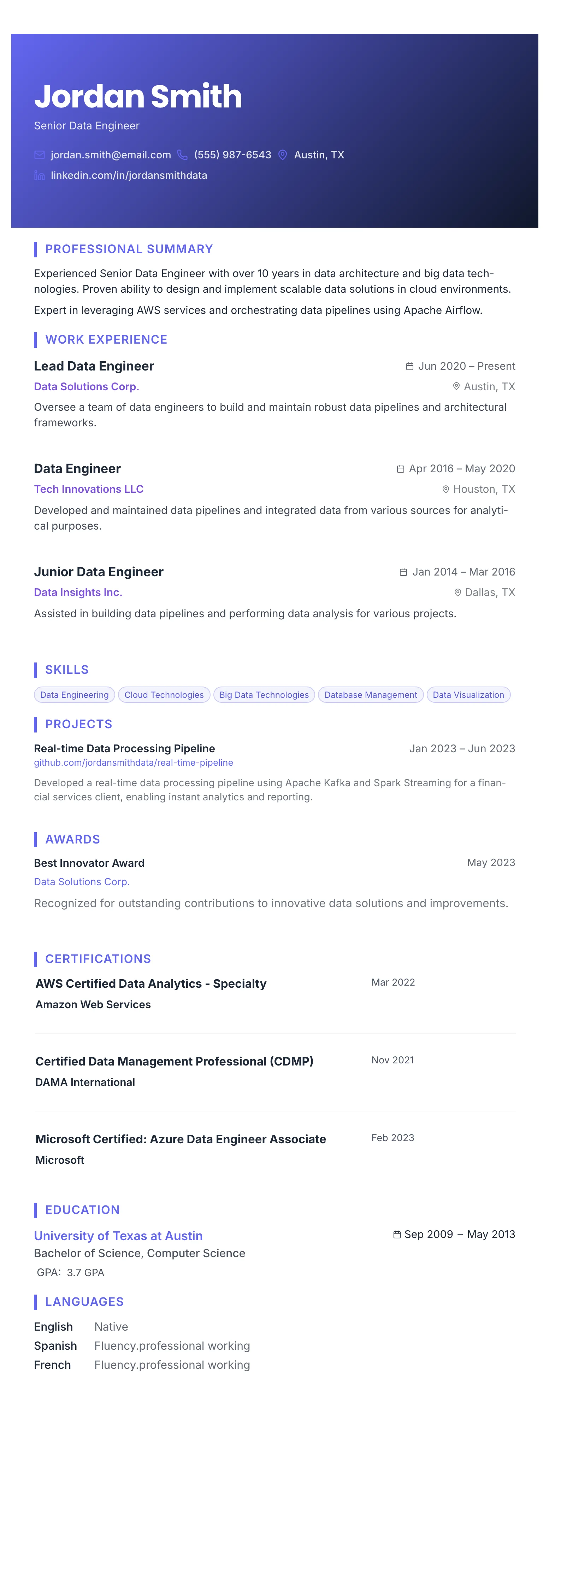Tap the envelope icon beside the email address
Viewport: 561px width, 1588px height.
pos(40,155)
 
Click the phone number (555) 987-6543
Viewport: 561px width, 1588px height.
pos(232,155)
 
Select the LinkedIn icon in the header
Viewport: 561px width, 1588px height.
pos(40,176)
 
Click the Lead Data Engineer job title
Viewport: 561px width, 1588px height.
pos(94,366)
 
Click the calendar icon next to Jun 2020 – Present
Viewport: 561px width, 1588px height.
pos(409,366)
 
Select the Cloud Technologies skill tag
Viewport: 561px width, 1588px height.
pos(164,695)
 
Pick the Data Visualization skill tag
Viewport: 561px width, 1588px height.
pos(468,695)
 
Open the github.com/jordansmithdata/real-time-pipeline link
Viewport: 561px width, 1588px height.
pos(133,763)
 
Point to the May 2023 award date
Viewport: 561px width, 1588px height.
pos(491,863)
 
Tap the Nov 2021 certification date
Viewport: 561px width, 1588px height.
pos(392,1060)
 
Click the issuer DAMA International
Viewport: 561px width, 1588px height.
pos(85,1082)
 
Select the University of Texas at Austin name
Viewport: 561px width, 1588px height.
pos(118,1236)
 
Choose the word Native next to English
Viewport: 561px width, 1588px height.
pos(111,1327)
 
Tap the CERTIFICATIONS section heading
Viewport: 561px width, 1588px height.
pos(98,959)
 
